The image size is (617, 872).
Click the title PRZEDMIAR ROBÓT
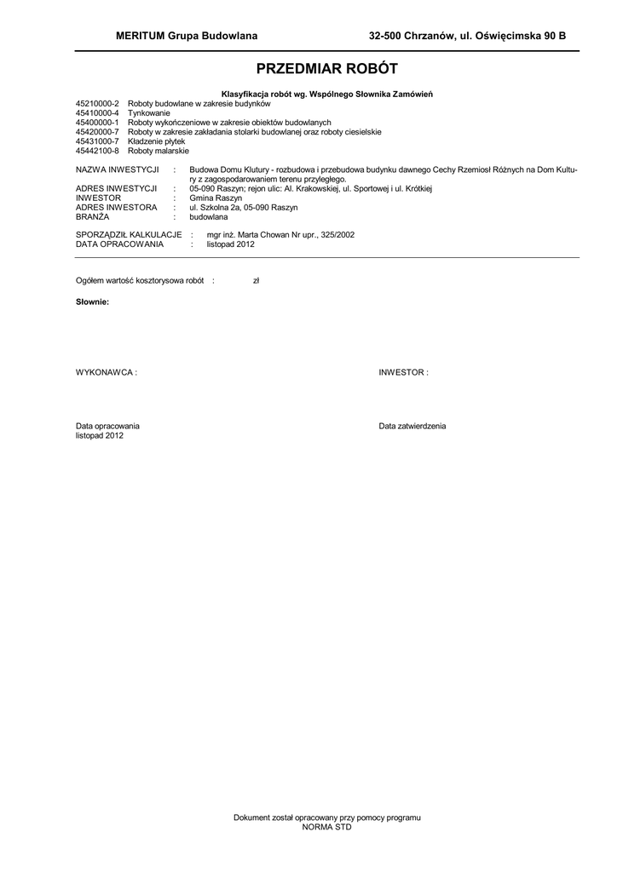click(x=327, y=69)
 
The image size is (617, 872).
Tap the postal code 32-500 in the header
click(x=384, y=36)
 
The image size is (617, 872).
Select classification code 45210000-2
click(x=98, y=104)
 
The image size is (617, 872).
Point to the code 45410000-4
click(x=98, y=113)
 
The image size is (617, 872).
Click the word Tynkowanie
click(x=149, y=113)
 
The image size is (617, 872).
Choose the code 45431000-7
click(x=98, y=141)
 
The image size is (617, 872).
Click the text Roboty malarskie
click(x=158, y=151)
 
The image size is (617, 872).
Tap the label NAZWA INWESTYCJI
click(x=118, y=170)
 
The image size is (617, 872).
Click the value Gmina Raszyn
click(x=211, y=198)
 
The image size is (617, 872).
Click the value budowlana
click(x=208, y=216)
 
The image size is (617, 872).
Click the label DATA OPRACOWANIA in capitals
click(x=119, y=244)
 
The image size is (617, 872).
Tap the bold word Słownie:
click(x=92, y=303)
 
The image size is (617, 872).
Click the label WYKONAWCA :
click(x=107, y=373)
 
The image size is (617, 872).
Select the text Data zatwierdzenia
click(x=412, y=426)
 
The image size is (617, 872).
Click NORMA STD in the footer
click(x=327, y=827)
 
